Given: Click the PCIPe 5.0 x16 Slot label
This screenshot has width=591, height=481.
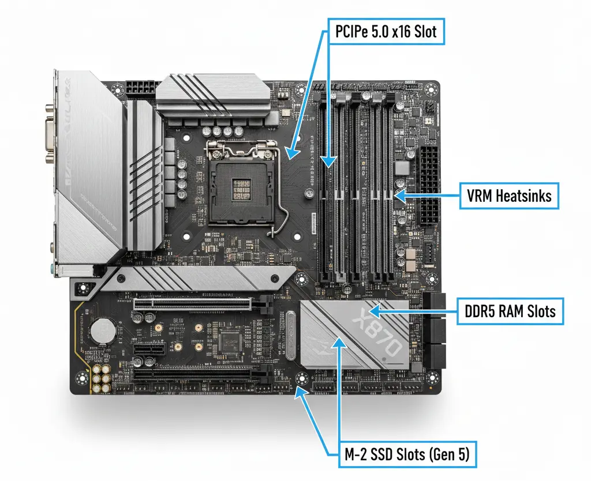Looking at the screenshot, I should [386, 32].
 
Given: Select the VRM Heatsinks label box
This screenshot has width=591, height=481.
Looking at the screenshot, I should [508, 196].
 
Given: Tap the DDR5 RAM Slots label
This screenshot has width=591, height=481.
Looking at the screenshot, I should [510, 312].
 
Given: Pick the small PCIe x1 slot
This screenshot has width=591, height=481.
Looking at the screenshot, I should [148, 350].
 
